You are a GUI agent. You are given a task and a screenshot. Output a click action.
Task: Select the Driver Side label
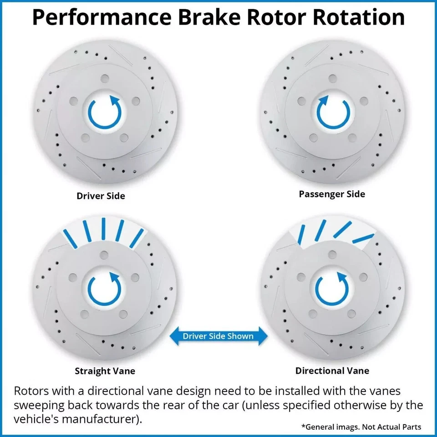click(x=101, y=196)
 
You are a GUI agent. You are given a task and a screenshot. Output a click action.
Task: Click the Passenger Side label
click(x=332, y=194)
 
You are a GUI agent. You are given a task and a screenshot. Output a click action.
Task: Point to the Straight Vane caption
click(x=105, y=371)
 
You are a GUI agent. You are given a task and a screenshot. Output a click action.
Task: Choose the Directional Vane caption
click(x=332, y=371)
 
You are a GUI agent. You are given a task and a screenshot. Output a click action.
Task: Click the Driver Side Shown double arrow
click(x=218, y=336)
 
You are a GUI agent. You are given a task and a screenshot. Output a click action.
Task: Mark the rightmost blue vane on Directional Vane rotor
click(x=363, y=238)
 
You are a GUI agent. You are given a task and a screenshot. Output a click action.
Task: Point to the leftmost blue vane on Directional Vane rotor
click(x=301, y=235)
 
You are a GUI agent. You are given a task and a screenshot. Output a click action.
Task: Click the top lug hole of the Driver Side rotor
click(x=104, y=78)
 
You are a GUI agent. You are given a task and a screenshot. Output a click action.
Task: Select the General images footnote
click(x=361, y=427)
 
